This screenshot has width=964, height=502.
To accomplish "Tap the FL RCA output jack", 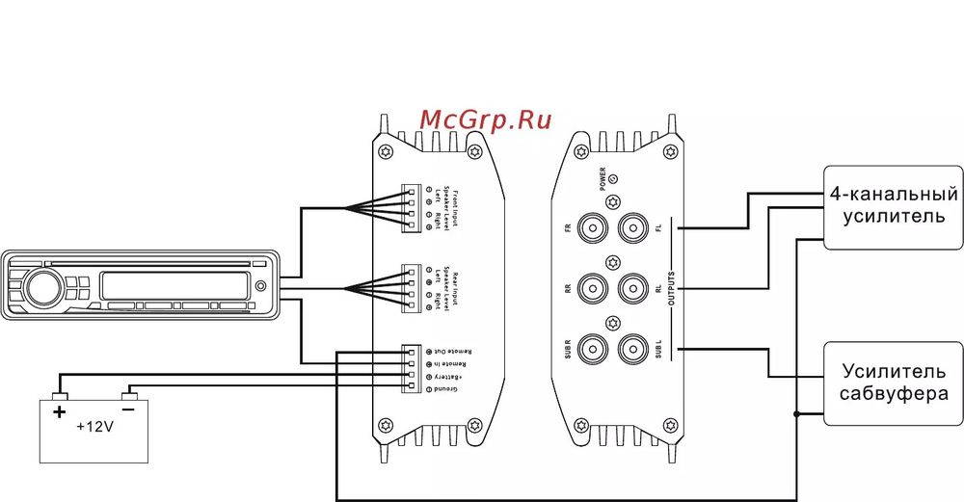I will coord(633,228).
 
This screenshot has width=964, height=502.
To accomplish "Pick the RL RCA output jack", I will coord(633,287).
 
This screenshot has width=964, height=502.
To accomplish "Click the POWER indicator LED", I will coord(614,178).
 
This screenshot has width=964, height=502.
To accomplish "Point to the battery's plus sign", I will coord(60,412).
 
